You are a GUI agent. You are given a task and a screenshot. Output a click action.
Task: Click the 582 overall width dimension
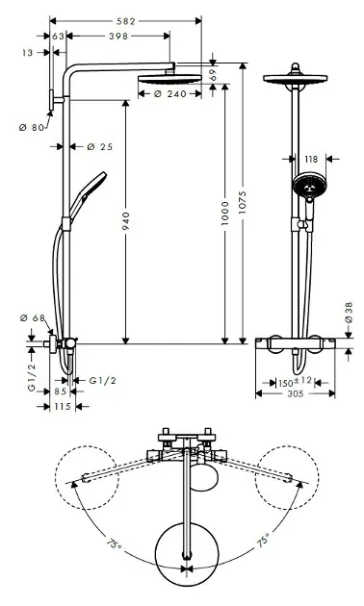[126, 21]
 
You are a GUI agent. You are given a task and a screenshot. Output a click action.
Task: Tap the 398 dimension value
[118, 37]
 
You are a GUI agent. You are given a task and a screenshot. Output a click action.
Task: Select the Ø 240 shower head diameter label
[169, 94]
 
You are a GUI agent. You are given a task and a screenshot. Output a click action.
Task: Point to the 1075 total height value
[242, 203]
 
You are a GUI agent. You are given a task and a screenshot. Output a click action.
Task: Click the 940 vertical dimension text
[126, 221]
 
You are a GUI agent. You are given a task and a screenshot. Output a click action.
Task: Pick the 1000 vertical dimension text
[224, 214]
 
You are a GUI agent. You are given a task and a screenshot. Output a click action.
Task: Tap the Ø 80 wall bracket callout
[32, 127]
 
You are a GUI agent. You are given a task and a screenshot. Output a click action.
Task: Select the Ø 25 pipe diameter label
[100, 147]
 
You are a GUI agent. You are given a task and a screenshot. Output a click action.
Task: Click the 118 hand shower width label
[311, 160]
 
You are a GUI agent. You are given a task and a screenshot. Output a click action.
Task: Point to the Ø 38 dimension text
[349, 313]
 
